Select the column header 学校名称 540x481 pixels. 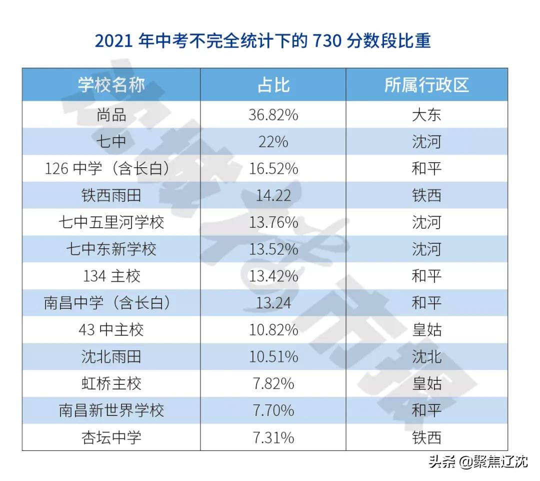(x=111, y=85)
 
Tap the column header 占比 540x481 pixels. (x=273, y=85)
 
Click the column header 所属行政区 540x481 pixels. (x=426, y=85)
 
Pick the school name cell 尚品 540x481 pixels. (x=111, y=115)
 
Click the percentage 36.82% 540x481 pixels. (x=273, y=115)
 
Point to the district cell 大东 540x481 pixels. (x=426, y=115)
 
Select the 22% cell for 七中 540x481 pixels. (x=273, y=142)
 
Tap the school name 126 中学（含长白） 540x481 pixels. (x=111, y=168)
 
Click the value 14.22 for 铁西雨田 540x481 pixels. (x=273, y=195)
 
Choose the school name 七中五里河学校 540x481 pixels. (x=111, y=222)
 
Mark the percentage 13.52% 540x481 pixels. (x=273, y=249)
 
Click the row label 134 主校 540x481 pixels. (x=111, y=276)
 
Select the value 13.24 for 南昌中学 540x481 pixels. (x=273, y=303)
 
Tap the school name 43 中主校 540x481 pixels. (x=111, y=329)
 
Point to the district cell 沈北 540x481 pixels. (x=426, y=356)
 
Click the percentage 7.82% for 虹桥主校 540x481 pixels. (x=273, y=383)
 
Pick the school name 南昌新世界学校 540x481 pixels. (x=111, y=410)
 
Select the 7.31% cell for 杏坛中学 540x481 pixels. (x=273, y=437)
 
